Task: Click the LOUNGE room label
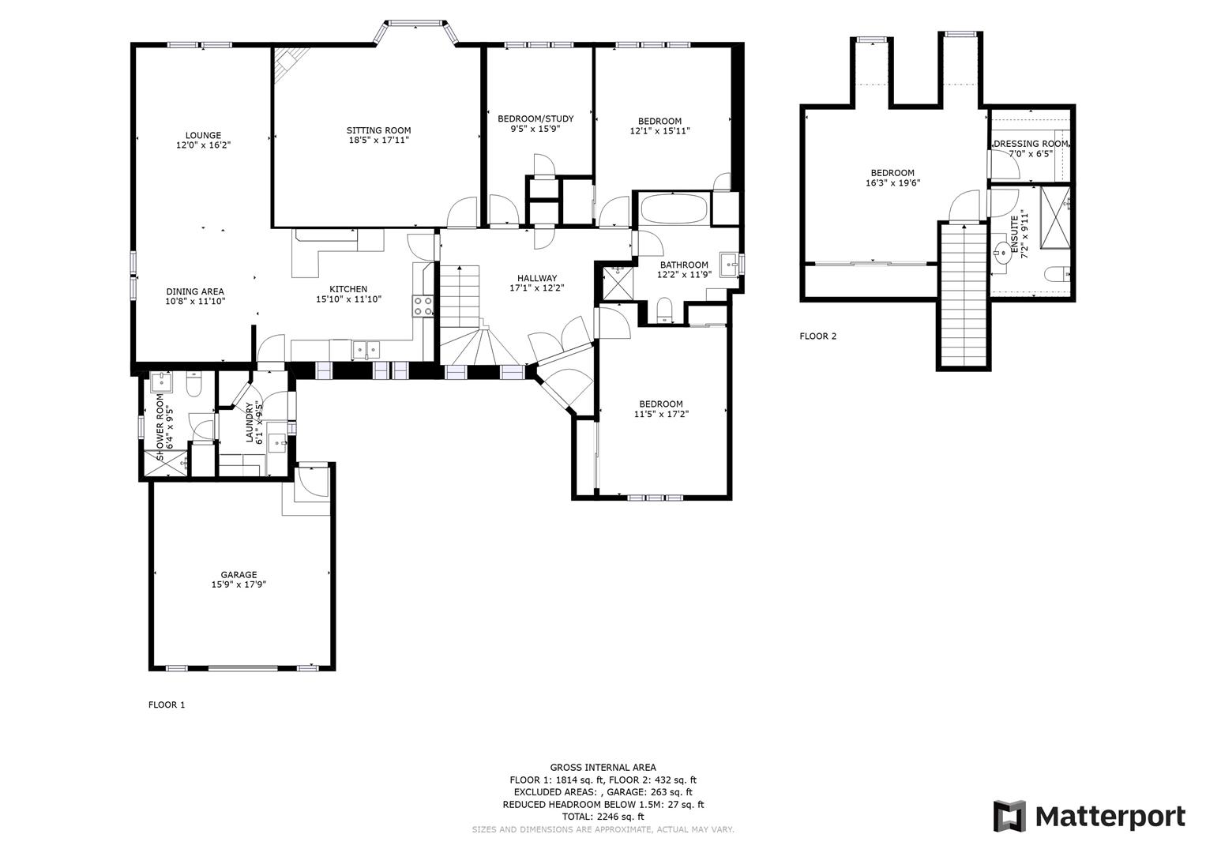203,135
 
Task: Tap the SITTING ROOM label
378,130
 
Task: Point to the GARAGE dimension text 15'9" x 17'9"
239,585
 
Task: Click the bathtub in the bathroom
673,209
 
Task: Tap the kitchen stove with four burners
423,306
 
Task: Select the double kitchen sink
366,348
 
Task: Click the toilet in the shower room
194,385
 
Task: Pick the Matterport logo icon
1009,816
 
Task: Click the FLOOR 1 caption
167,705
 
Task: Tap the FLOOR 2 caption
817,336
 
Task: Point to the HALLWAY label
537,278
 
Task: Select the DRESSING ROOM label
1031,144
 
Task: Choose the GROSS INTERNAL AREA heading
603,767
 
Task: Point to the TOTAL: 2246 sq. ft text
603,817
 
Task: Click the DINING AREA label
195,291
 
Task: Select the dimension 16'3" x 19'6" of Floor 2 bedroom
892,183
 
